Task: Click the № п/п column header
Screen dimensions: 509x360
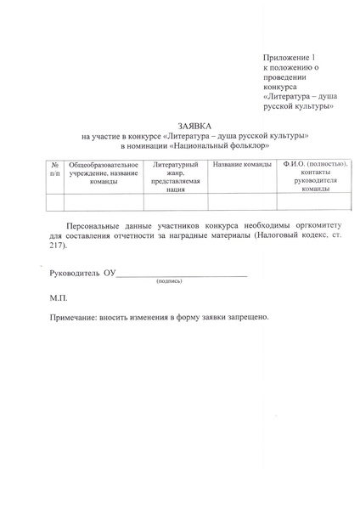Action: (54, 167)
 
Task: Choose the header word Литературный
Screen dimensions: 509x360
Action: (176, 163)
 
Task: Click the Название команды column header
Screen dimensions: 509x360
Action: (242, 163)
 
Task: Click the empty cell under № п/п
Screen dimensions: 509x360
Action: (54, 201)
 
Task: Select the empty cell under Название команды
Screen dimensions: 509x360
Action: (242, 201)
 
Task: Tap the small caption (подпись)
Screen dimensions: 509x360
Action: (168, 281)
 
